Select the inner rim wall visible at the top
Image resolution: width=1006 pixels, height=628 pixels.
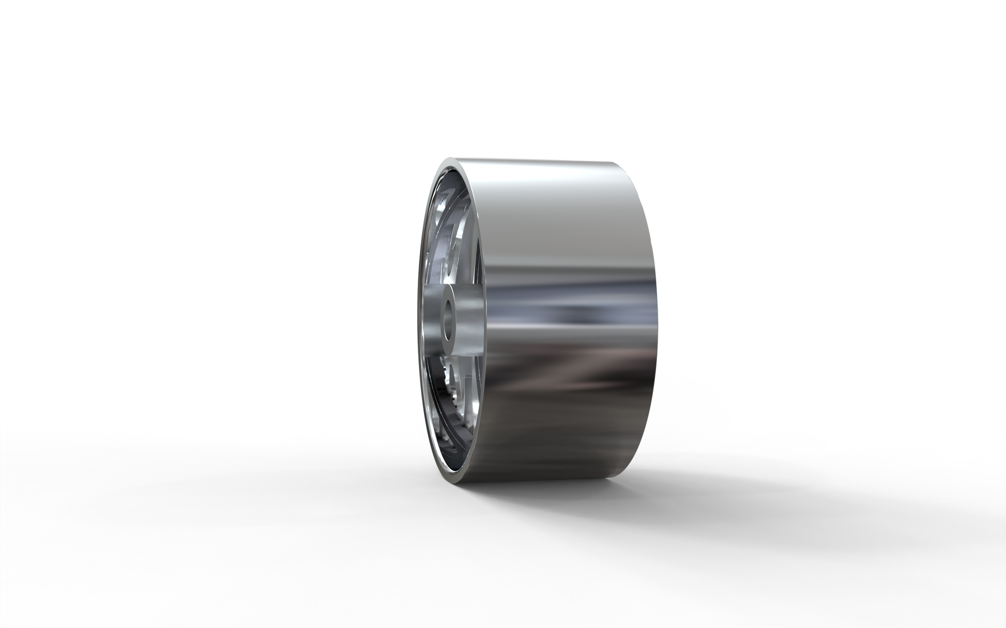455,178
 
